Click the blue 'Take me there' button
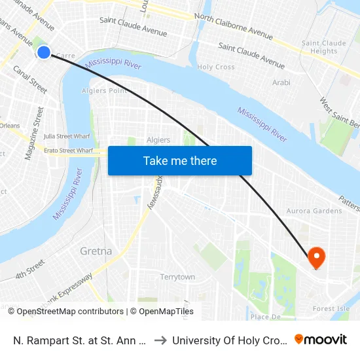pyautogui.click(x=180, y=160)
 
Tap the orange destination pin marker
pyautogui.click(x=316, y=257)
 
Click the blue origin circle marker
pyautogui.click(x=44, y=52)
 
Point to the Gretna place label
pyautogui.click(x=96, y=251)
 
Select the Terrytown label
pyautogui.click(x=177, y=277)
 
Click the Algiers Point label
pyautogui.click(x=105, y=91)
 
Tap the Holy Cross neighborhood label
pyautogui.click(x=216, y=67)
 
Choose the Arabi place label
pyautogui.click(x=281, y=82)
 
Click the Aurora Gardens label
pyautogui.click(x=314, y=211)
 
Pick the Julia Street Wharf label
pyautogui.click(x=67, y=136)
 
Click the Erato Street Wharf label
pyautogui.click(x=68, y=151)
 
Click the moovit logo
pyautogui.click(x=321, y=340)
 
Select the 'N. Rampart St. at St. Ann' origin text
pyautogui.click(x=79, y=340)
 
